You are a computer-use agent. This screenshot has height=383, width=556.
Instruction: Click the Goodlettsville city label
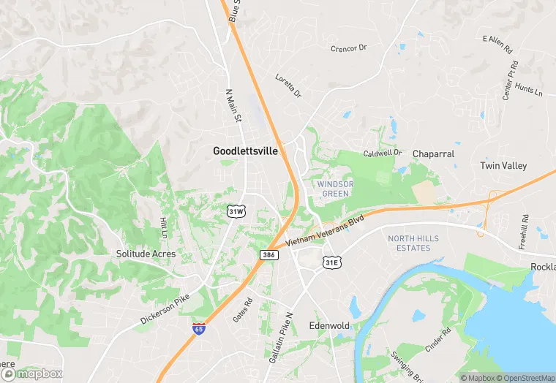[x=245, y=151]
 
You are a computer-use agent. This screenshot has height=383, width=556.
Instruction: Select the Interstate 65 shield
[x=198, y=329]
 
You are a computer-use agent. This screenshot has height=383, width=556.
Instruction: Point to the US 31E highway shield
[x=332, y=262]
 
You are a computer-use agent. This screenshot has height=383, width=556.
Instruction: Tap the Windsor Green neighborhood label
[x=334, y=189]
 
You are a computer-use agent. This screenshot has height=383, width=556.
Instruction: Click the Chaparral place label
[x=433, y=154]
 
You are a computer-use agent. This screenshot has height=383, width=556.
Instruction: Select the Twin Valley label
[x=503, y=166]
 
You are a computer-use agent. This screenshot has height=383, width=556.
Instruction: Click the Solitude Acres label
[x=146, y=254]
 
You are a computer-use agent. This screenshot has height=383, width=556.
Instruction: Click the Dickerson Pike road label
[x=165, y=309]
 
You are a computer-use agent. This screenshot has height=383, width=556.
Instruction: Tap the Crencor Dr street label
[x=348, y=49]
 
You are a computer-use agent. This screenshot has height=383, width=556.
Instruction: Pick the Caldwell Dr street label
[x=383, y=153]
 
